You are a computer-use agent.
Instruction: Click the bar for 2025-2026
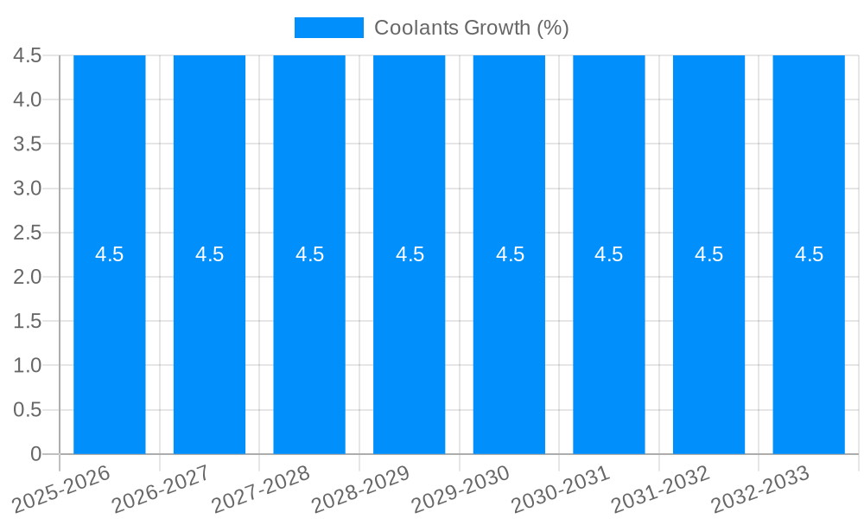pos(109,346)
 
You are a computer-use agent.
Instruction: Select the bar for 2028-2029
pos(409,346)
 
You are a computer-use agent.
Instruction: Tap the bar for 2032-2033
pos(809,346)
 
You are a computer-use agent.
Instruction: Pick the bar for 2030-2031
pos(609,346)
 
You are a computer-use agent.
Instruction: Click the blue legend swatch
pos(328,28)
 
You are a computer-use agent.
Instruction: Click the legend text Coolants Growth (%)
pos(471,28)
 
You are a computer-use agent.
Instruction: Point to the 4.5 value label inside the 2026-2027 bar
pos(209,254)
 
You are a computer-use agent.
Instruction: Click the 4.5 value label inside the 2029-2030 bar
pos(510,254)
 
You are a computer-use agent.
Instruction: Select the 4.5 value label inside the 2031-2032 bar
pos(709,254)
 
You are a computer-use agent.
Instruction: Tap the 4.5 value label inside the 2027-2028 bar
pos(309,254)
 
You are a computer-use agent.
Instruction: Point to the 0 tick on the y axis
pos(35,454)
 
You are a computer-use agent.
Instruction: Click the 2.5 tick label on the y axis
pos(28,233)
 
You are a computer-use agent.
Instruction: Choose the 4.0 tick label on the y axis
pos(28,99)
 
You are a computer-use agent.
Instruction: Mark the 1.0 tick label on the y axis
pos(28,366)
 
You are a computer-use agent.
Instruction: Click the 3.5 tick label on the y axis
pos(28,144)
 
